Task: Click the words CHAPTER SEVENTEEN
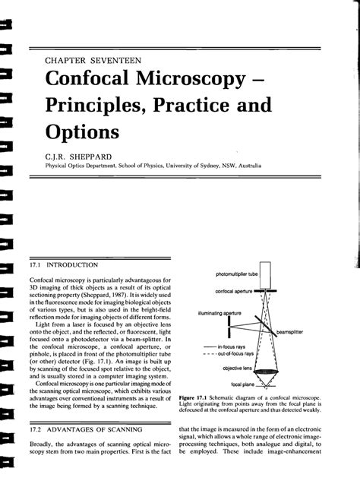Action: click(93, 58)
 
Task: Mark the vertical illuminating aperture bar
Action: click(228, 328)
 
